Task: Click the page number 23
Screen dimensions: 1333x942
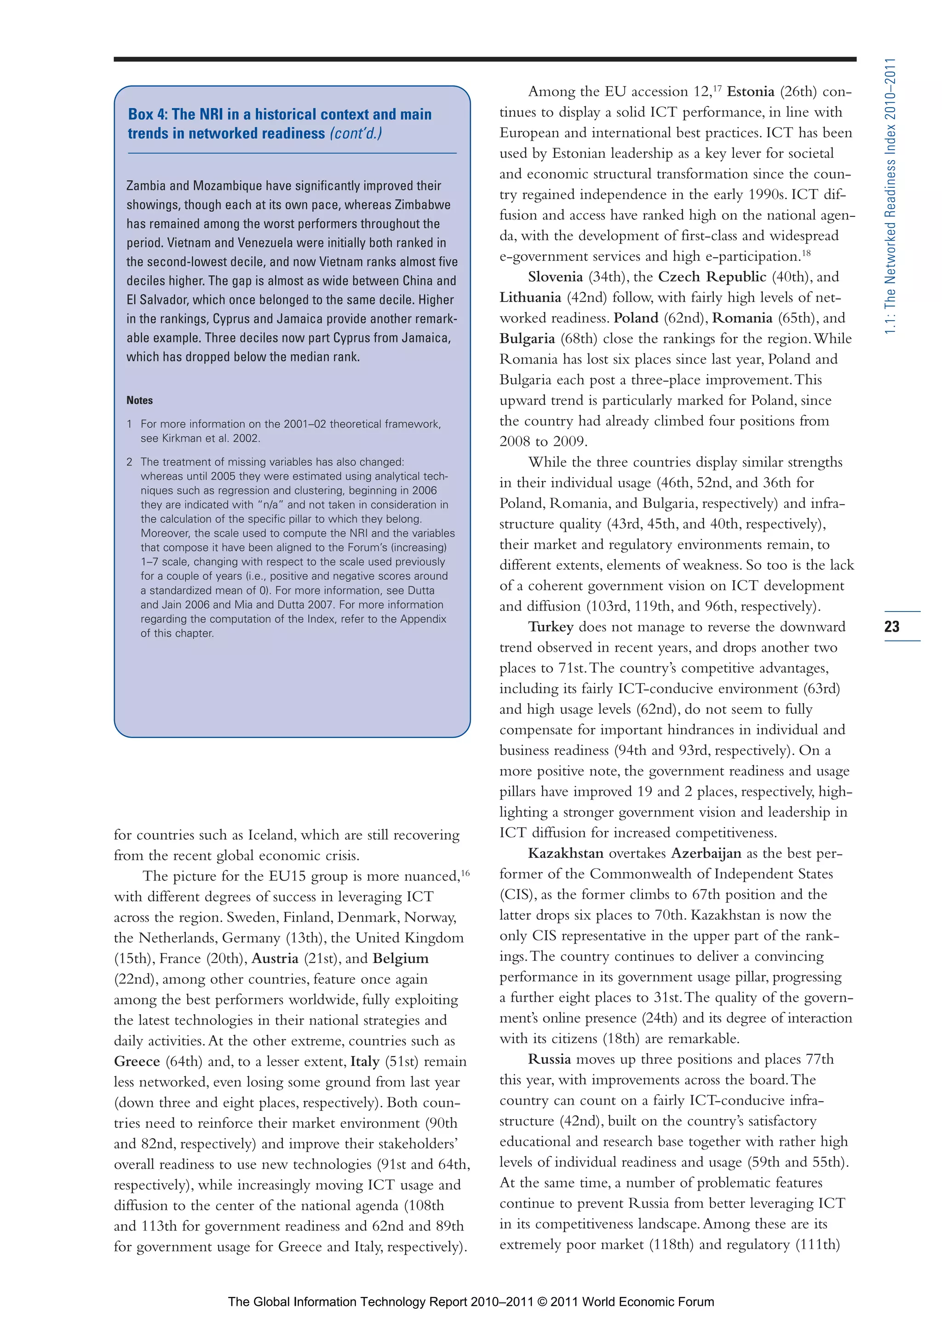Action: point(891,626)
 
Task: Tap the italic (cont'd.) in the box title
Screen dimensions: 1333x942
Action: point(356,133)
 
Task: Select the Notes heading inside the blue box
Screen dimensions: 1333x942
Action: point(139,400)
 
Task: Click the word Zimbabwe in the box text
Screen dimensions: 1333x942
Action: point(423,205)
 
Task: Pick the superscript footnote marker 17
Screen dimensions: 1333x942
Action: point(718,88)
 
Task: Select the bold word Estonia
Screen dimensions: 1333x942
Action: point(751,92)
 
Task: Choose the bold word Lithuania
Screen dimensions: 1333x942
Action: point(530,298)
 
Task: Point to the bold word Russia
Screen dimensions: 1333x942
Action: point(549,1059)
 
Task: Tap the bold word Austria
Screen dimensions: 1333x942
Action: point(275,958)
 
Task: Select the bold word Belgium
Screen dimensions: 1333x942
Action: point(401,958)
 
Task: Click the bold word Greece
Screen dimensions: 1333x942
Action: point(137,1061)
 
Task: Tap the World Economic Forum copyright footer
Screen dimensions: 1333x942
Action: point(471,1302)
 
